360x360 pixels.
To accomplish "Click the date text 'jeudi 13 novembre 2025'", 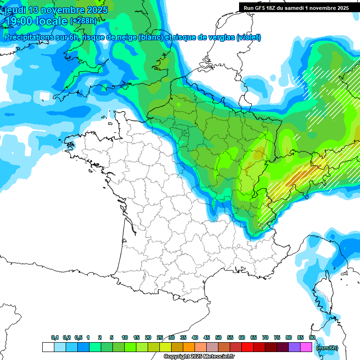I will [56, 10].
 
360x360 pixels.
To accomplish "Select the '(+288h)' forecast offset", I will [83, 21].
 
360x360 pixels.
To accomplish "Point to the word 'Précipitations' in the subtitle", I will [29, 37].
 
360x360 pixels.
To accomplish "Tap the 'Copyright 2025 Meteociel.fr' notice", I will [199, 356].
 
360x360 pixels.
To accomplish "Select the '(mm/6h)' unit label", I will [327, 348].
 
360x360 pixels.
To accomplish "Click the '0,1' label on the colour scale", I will [55, 338].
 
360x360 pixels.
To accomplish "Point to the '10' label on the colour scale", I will [125, 338].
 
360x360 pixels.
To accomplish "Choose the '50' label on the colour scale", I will [218, 338].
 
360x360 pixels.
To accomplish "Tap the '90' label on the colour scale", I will [312, 338].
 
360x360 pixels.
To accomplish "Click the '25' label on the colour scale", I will [160, 338].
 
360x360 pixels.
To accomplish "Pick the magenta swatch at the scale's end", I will [306, 347].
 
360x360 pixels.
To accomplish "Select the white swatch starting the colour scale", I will [48, 347].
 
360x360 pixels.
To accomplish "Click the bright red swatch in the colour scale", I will [247, 347].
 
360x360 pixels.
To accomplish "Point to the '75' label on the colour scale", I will [277, 338].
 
